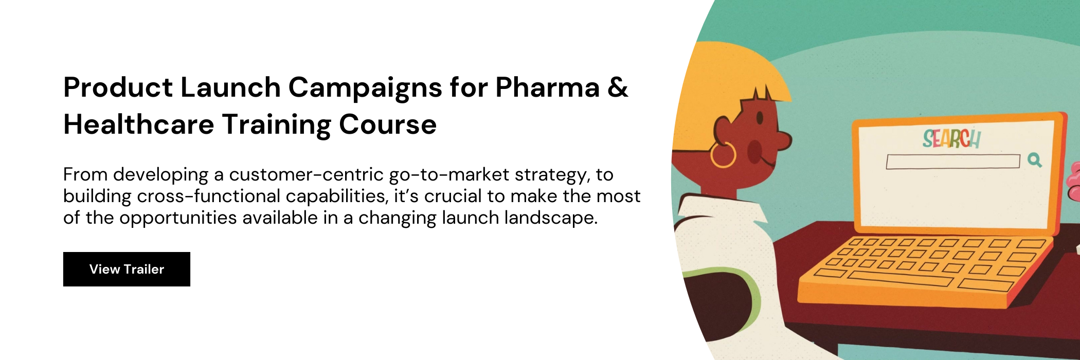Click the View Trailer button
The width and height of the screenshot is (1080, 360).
coord(127,269)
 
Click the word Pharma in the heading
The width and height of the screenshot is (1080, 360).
coord(548,87)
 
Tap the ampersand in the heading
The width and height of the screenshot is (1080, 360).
coord(618,87)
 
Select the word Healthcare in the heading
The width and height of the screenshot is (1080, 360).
coord(139,124)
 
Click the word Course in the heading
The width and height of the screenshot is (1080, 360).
coord(388,125)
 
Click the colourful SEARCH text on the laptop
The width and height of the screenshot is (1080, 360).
coord(951,138)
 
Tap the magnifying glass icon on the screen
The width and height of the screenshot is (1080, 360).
coord(1035,160)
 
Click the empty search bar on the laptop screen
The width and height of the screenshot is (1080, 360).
coord(953,161)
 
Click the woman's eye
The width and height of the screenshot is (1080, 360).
coord(760,118)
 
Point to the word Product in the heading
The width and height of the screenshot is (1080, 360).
coord(118,87)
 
